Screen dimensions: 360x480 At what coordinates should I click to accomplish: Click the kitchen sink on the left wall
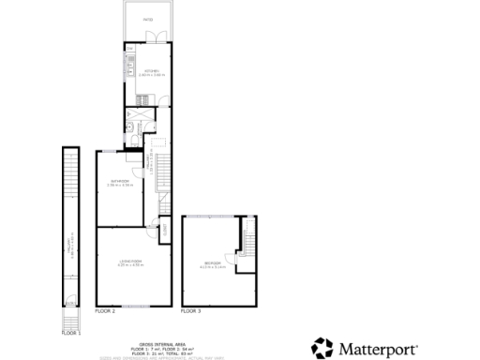tap(127, 65)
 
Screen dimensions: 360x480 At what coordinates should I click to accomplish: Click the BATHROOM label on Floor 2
tap(119, 182)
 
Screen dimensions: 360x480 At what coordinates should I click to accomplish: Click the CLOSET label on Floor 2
tap(163, 228)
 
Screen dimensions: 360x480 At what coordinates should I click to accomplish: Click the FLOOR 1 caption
tap(71, 333)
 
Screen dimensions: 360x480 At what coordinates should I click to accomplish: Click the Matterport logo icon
tap(322, 349)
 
